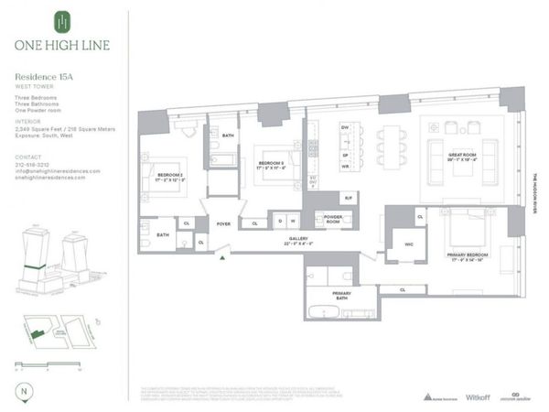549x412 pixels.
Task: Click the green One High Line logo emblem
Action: tap(61, 20)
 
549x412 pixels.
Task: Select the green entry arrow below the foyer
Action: tap(222, 258)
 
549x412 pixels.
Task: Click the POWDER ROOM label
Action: tap(327, 219)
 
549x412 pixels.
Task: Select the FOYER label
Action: tap(223, 222)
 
